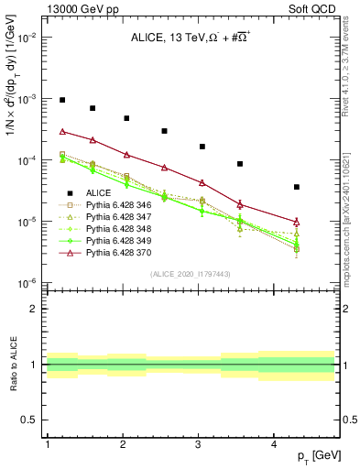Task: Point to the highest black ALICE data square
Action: pyautogui.click(x=62, y=100)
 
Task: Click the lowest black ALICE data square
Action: pyautogui.click(x=296, y=187)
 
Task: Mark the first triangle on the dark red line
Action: pyautogui.click(x=62, y=132)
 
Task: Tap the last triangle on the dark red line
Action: pyautogui.click(x=296, y=222)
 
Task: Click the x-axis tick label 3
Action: pyautogui.click(x=199, y=444)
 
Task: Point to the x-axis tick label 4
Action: pyautogui.click(x=274, y=444)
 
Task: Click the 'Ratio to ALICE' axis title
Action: pyautogui.click(x=14, y=365)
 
